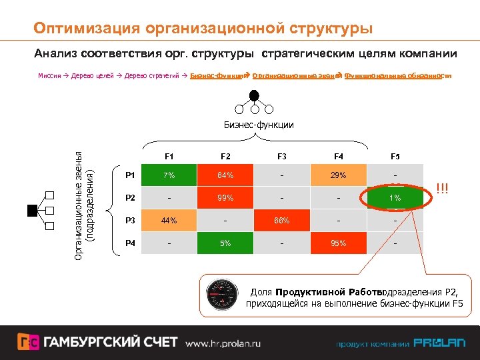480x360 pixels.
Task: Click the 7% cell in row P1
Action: pyautogui.click(x=169, y=175)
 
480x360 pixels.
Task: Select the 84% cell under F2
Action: pyautogui.click(x=225, y=175)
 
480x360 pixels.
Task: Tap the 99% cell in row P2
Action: pyautogui.click(x=225, y=198)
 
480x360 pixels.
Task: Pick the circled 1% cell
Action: pyautogui.click(x=396, y=198)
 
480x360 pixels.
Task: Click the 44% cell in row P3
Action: pyautogui.click(x=169, y=221)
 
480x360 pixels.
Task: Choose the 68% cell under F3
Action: pyautogui.click(x=282, y=221)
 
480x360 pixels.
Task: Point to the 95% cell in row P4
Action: pyautogui.click(x=339, y=243)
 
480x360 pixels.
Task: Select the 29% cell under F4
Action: pyautogui.click(x=339, y=175)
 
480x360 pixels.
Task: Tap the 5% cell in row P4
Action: pyautogui.click(x=225, y=243)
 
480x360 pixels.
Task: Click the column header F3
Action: pyautogui.click(x=282, y=156)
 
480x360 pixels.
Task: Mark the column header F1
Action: pyautogui.click(x=169, y=156)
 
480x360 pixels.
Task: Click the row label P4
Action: pyautogui.click(x=130, y=243)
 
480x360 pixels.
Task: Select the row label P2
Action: pyautogui.click(x=130, y=198)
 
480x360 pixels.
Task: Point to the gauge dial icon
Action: pyautogui.click(x=223, y=293)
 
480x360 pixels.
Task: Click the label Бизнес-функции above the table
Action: pyautogui.click(x=258, y=125)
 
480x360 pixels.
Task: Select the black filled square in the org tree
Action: pyautogui.click(x=31, y=211)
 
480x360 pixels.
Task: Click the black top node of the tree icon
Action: pyautogui.click(x=254, y=94)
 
